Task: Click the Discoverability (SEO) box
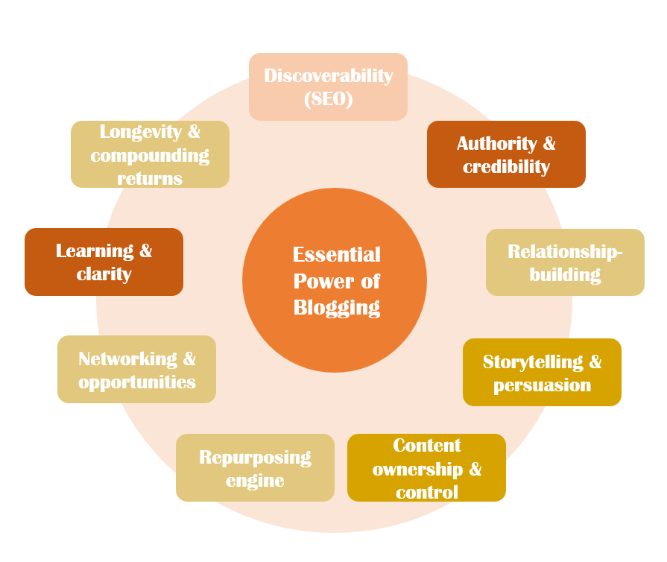pyautogui.click(x=328, y=86)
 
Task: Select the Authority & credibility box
pyautogui.click(x=506, y=154)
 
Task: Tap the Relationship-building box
pyautogui.click(x=565, y=262)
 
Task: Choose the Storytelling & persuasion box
pyautogui.click(x=542, y=373)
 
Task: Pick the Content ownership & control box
pyautogui.click(x=426, y=468)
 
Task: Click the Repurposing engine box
pyautogui.click(x=255, y=468)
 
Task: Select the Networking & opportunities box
pyautogui.click(x=136, y=370)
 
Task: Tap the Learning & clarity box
pyautogui.click(x=104, y=262)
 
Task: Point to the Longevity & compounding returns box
pyautogui.click(x=150, y=154)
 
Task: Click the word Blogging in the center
pyautogui.click(x=337, y=307)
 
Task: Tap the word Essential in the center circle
pyautogui.click(x=337, y=255)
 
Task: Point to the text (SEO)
pyautogui.click(x=328, y=98)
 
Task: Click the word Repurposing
pyautogui.click(x=255, y=457)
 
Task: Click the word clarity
pyautogui.click(x=104, y=274)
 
